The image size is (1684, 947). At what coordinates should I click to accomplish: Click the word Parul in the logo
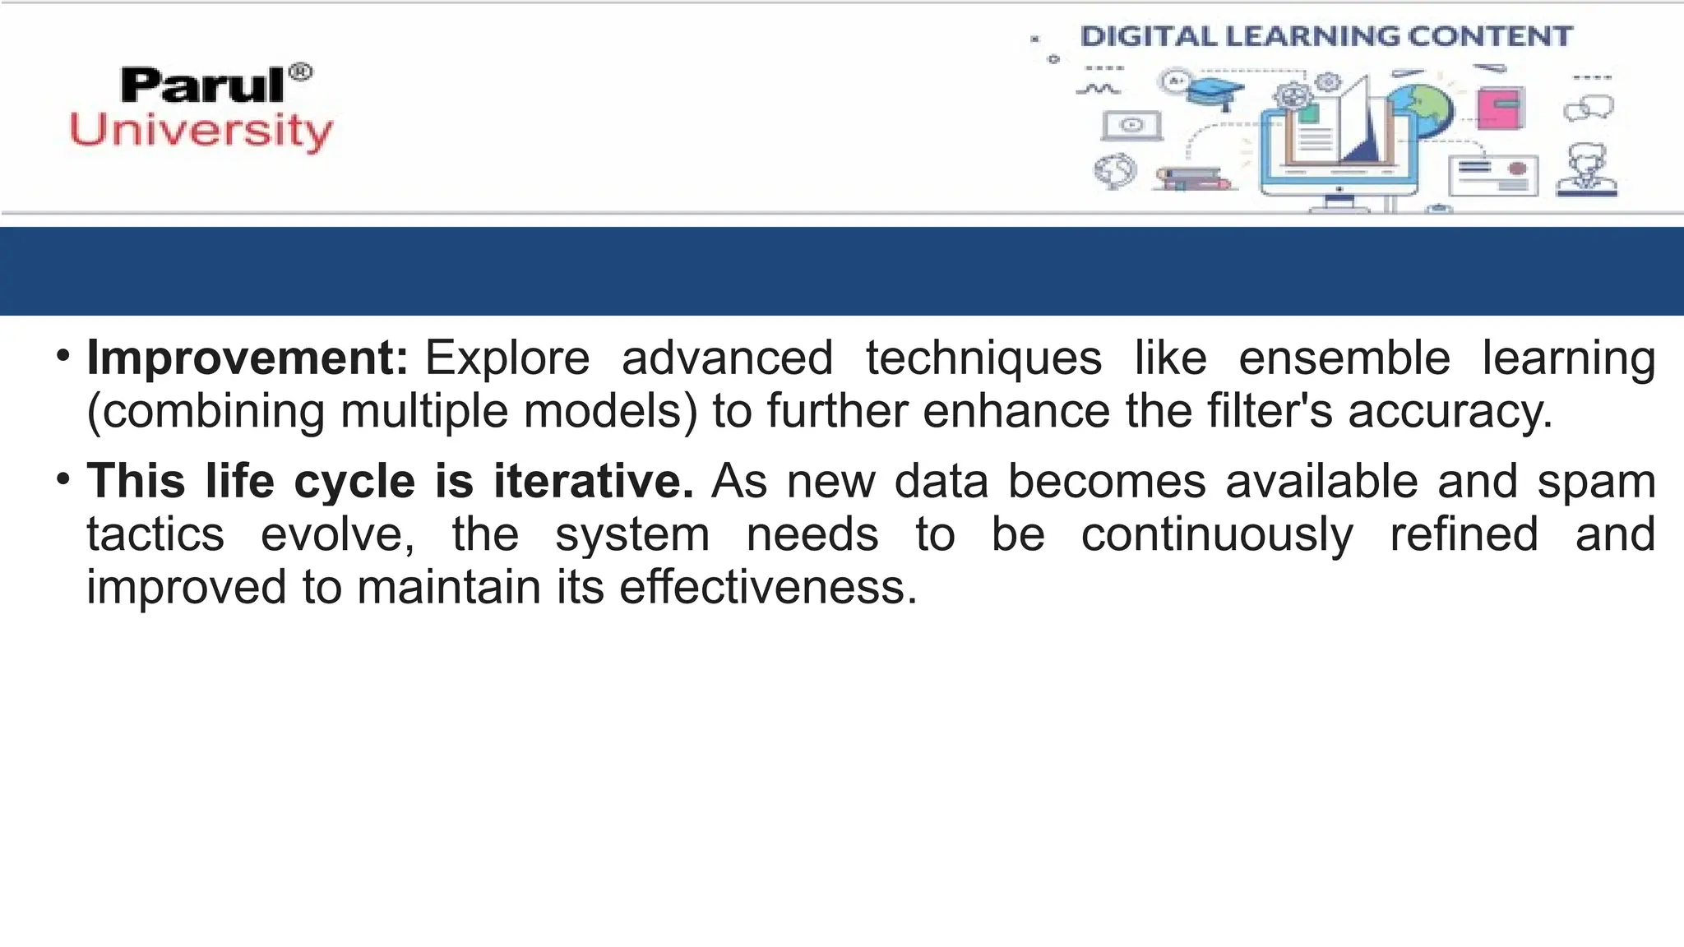pyautogui.click(x=202, y=85)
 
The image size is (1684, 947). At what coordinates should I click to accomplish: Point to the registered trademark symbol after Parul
pyautogui.click(x=302, y=72)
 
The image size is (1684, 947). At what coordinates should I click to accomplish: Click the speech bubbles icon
pyautogui.click(x=1589, y=108)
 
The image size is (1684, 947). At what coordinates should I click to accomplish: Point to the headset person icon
pyautogui.click(x=1587, y=170)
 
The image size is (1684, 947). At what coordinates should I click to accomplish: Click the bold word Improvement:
pyautogui.click(x=248, y=358)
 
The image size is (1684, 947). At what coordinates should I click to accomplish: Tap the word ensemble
pyautogui.click(x=1344, y=358)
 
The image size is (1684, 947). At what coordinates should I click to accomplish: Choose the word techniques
pyautogui.click(x=983, y=358)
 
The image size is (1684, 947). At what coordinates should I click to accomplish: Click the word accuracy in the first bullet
pyautogui.click(x=1450, y=411)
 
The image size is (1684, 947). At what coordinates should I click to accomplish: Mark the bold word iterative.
pyautogui.click(x=594, y=481)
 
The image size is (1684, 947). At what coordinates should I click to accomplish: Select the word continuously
pyautogui.click(x=1217, y=535)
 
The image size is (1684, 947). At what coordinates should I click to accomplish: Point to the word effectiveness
pyautogui.click(x=768, y=588)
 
